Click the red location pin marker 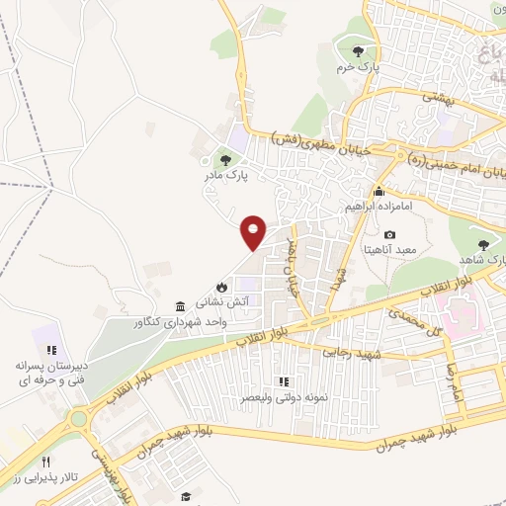tap(254, 232)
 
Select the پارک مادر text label tap(251, 174)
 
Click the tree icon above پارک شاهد tap(483, 245)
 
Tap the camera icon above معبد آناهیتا tap(389, 234)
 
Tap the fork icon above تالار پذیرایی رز tap(45, 462)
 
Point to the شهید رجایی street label tap(352, 350)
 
